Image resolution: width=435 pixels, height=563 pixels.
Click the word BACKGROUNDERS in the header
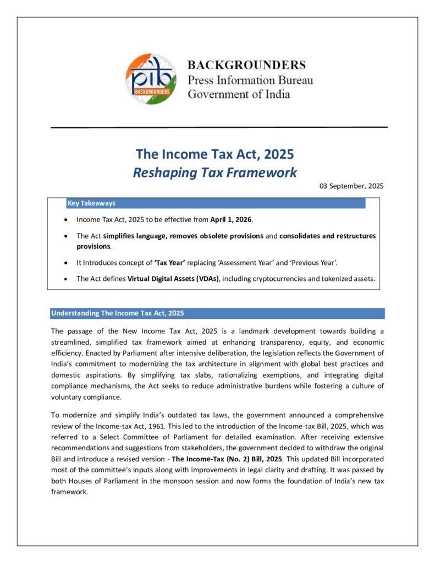point(246,65)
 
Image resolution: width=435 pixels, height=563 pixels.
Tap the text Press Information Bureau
point(250,80)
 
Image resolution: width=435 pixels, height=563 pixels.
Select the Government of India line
point(239,93)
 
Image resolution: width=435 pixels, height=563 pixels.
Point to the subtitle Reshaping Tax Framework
point(215,173)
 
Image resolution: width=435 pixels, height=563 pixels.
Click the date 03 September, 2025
point(351,186)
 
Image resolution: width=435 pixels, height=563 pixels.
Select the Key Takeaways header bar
point(214,203)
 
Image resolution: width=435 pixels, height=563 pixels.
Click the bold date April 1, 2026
point(231,219)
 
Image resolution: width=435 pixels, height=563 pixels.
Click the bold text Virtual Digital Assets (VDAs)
point(173,279)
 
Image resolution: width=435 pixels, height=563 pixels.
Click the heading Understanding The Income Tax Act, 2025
point(118,313)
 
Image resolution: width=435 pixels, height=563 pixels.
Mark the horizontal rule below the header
point(219,128)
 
